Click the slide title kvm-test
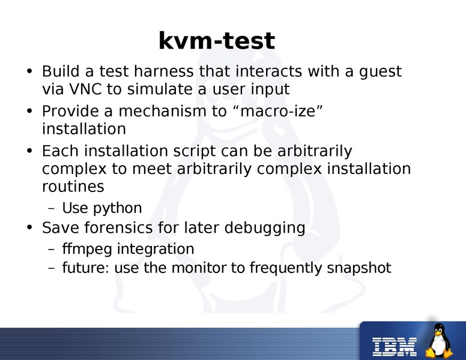(x=216, y=41)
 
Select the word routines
(x=73, y=187)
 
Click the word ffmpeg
(x=88, y=249)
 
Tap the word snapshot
(x=359, y=268)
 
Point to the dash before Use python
(x=51, y=209)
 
